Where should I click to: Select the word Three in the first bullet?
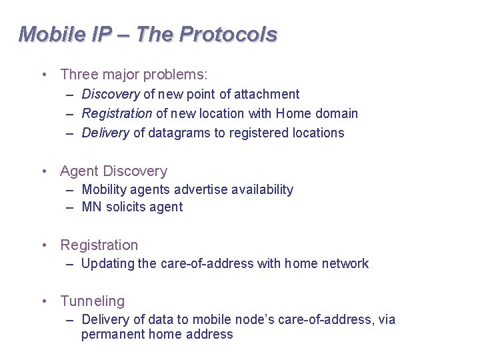click(x=78, y=75)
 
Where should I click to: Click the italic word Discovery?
click(x=110, y=95)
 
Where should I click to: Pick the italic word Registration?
click(x=117, y=114)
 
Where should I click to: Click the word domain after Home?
click(x=337, y=114)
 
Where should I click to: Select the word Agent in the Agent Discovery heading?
click(x=78, y=171)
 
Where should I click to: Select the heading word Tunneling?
click(x=92, y=302)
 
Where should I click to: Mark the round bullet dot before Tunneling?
click(x=44, y=301)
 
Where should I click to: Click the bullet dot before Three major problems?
click(x=44, y=75)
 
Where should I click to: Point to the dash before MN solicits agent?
click(x=70, y=207)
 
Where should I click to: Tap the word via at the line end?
click(x=387, y=320)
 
